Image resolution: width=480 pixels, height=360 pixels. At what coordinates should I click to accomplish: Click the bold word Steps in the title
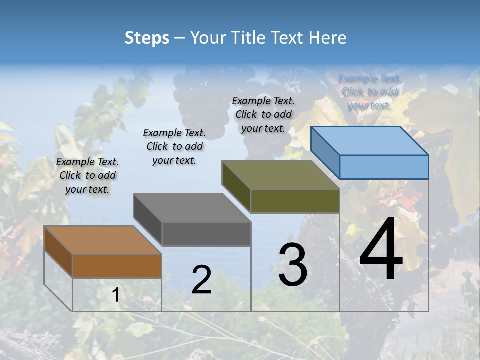pyautogui.click(x=147, y=38)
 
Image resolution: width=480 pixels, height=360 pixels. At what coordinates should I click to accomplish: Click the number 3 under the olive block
pyautogui.click(x=293, y=265)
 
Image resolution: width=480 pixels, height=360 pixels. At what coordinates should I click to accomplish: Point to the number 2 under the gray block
pyautogui.click(x=201, y=280)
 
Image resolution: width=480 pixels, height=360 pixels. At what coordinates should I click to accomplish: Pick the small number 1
pyautogui.click(x=116, y=295)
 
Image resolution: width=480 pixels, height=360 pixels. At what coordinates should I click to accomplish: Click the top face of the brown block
pyautogui.click(x=102, y=240)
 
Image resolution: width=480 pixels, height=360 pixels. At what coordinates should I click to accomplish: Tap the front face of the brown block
pyautogui.click(x=117, y=266)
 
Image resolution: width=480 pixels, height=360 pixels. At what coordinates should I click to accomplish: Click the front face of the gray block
pyautogui.click(x=206, y=234)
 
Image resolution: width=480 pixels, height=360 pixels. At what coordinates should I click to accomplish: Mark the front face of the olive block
pyautogui.click(x=295, y=201)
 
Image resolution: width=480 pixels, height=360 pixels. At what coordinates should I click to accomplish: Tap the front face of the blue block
pyautogui.click(x=384, y=167)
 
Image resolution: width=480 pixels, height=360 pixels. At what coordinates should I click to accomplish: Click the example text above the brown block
pyautogui.click(x=87, y=175)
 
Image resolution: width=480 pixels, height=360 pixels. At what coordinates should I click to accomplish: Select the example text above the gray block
pyautogui.click(x=174, y=146)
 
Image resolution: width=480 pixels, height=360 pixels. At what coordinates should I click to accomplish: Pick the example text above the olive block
pyautogui.click(x=263, y=114)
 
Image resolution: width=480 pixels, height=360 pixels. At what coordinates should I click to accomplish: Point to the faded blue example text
pyautogui.click(x=369, y=92)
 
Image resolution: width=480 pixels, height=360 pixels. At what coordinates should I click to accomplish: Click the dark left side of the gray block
pyautogui.click(x=148, y=219)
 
